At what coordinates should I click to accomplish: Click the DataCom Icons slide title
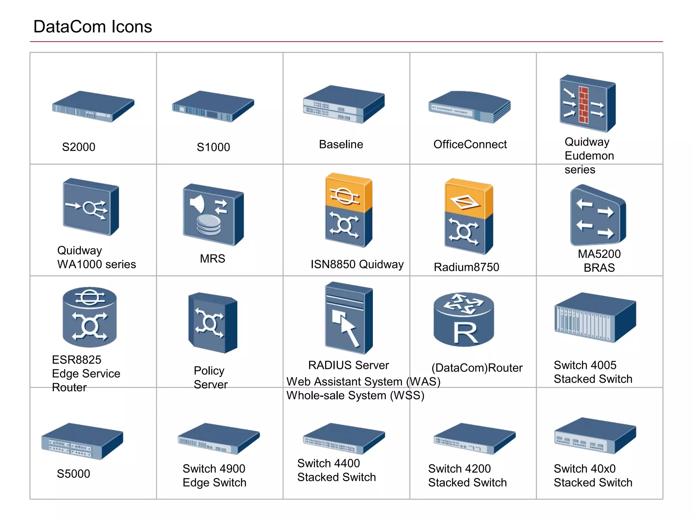tap(93, 26)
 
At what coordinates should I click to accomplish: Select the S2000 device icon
tap(93, 106)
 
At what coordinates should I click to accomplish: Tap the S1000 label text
tap(213, 147)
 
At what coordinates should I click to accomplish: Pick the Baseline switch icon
tap(343, 104)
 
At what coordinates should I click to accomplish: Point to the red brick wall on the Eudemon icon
tap(583, 104)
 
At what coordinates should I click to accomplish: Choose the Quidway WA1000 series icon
tap(91, 207)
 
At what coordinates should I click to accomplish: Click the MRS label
tap(213, 258)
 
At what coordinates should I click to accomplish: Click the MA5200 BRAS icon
tap(597, 216)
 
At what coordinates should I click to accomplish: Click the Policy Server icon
tap(213, 323)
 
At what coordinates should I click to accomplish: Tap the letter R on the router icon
tap(465, 334)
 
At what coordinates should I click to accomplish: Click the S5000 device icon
tap(82, 441)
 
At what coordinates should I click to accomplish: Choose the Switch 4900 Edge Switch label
tap(214, 475)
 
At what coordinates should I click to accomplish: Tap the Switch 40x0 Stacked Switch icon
tap(595, 436)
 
